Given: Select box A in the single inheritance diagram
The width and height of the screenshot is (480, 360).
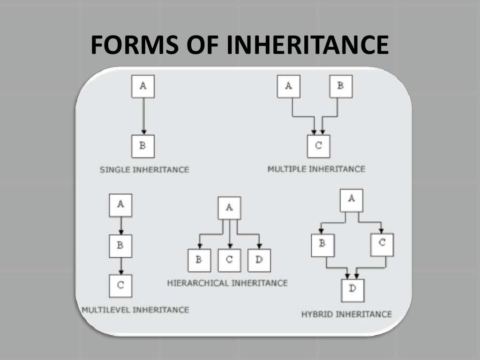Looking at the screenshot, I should [x=143, y=86].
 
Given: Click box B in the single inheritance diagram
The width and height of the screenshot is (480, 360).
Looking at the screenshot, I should [x=143, y=146].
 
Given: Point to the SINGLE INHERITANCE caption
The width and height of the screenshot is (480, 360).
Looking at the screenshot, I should [x=144, y=170].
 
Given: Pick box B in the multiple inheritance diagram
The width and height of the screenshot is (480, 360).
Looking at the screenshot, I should [x=340, y=86].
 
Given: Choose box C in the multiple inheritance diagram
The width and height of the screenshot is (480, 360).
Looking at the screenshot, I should [x=319, y=146].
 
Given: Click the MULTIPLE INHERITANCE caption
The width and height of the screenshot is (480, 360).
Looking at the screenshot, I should [x=316, y=169].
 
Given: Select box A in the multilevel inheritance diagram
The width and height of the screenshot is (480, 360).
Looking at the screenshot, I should [x=120, y=205].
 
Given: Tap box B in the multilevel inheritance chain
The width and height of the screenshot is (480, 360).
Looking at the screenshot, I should [x=120, y=246].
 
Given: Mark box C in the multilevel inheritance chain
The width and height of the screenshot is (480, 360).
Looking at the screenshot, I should [x=120, y=285].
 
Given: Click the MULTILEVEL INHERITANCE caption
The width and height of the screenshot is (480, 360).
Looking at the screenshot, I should [x=135, y=310].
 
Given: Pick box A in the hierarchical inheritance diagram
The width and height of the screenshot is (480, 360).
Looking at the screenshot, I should [x=229, y=208].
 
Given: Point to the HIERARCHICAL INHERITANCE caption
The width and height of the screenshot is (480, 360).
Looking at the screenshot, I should [x=227, y=283].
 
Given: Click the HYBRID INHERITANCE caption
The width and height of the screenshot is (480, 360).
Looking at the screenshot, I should [x=346, y=314].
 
